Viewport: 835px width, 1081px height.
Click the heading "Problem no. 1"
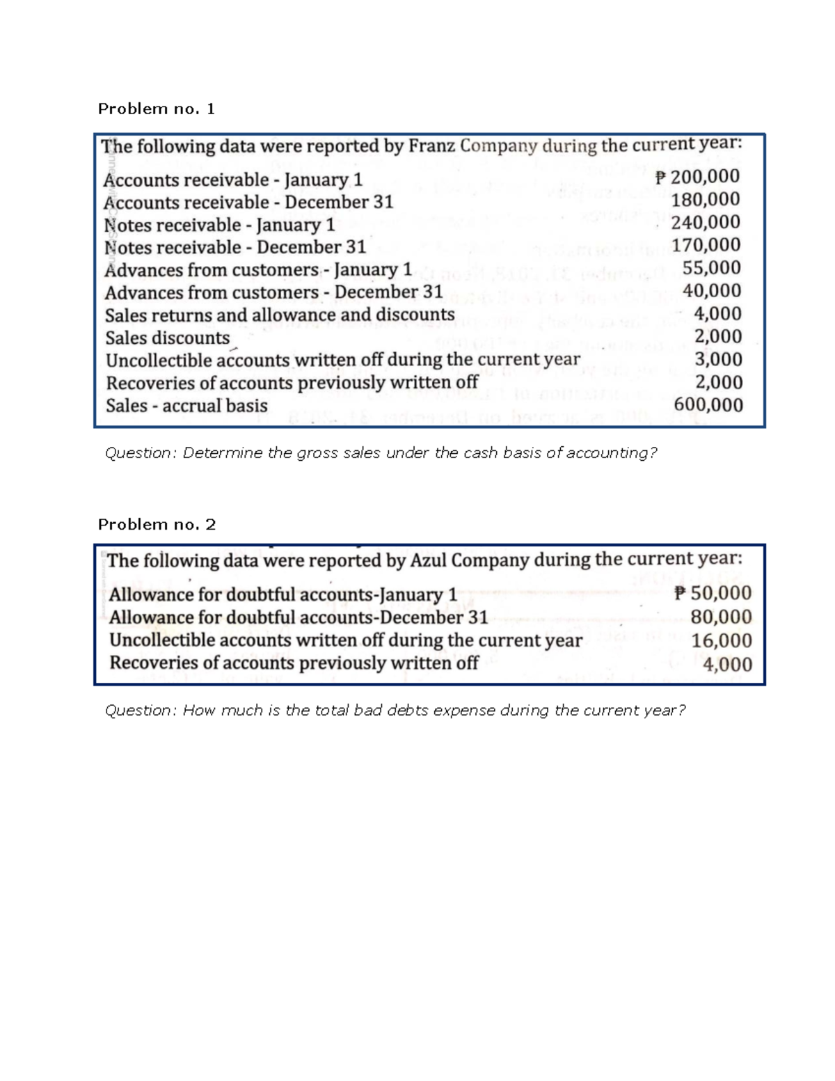156,109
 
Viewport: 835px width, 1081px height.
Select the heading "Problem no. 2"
157,524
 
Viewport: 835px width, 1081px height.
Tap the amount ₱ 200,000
697,177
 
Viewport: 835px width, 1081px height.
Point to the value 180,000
706,200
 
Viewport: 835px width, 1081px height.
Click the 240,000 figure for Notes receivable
706,223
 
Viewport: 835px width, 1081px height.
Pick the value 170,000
706,245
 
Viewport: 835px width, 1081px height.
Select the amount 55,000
711,268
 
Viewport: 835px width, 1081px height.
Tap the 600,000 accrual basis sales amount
708,405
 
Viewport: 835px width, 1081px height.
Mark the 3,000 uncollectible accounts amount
718,359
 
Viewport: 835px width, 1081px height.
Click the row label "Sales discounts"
167,338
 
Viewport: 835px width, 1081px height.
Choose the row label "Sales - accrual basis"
186,406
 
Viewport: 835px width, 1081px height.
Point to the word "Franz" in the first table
431,146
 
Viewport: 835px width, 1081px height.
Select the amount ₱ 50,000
713,593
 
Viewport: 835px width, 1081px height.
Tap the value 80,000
721,617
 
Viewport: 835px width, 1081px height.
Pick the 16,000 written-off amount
721,640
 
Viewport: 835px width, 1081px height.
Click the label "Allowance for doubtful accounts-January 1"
283,595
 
